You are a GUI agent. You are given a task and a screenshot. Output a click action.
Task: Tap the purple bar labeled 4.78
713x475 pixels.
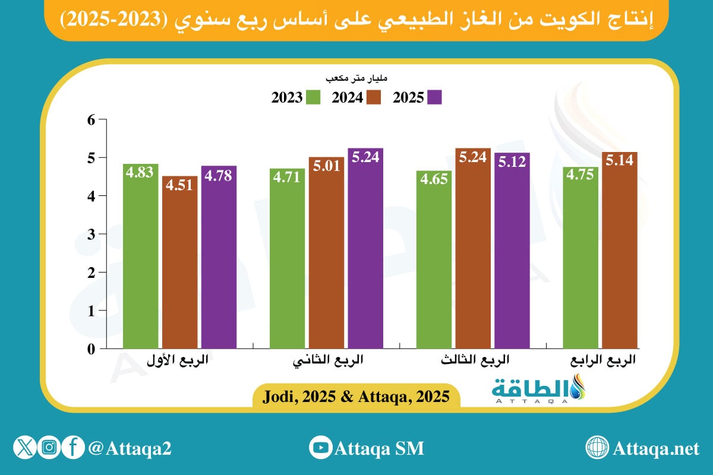click(x=219, y=257)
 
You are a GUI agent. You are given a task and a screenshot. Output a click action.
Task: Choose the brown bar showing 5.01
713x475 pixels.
click(x=326, y=253)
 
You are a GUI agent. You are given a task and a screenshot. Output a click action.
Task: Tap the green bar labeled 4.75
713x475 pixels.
click(x=581, y=258)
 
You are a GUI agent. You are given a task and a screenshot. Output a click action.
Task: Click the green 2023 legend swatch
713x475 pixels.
click(x=314, y=97)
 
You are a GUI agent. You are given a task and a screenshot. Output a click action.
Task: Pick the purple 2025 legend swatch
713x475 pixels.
click(x=435, y=97)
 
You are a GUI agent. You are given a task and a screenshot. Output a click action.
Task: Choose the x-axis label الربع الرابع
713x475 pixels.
click(x=606, y=360)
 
